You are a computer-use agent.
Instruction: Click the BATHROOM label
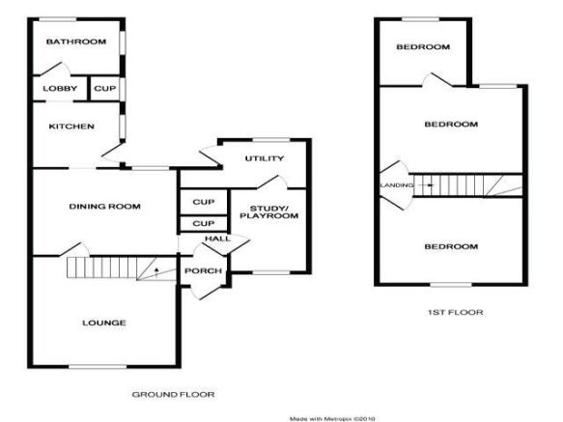tap(76, 42)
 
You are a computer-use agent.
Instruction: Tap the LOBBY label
tap(60, 88)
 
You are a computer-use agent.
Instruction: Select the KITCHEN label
tap(71, 127)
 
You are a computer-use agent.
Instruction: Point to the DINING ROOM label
tap(104, 207)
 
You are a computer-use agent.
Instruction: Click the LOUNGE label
tap(104, 323)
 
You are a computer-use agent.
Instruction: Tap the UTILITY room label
tap(265, 158)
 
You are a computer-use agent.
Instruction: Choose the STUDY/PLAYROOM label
tap(269, 211)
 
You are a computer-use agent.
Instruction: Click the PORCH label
tap(203, 270)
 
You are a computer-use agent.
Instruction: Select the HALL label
tap(218, 239)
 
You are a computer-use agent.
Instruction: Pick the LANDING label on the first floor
tap(397, 185)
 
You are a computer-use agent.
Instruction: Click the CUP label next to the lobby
tap(105, 88)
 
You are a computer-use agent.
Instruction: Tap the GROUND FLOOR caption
tap(174, 394)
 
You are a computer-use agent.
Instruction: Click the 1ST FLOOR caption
tap(455, 313)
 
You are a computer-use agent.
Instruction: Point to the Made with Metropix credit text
tap(332, 419)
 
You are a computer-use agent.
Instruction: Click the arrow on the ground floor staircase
tap(156, 272)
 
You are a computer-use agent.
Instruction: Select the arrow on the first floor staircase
tap(427, 185)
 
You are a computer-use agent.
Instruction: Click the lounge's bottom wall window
tap(98, 366)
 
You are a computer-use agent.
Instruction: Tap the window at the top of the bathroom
tap(58, 19)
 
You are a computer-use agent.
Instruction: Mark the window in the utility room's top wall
tap(271, 140)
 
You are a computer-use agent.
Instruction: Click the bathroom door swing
tap(55, 69)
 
